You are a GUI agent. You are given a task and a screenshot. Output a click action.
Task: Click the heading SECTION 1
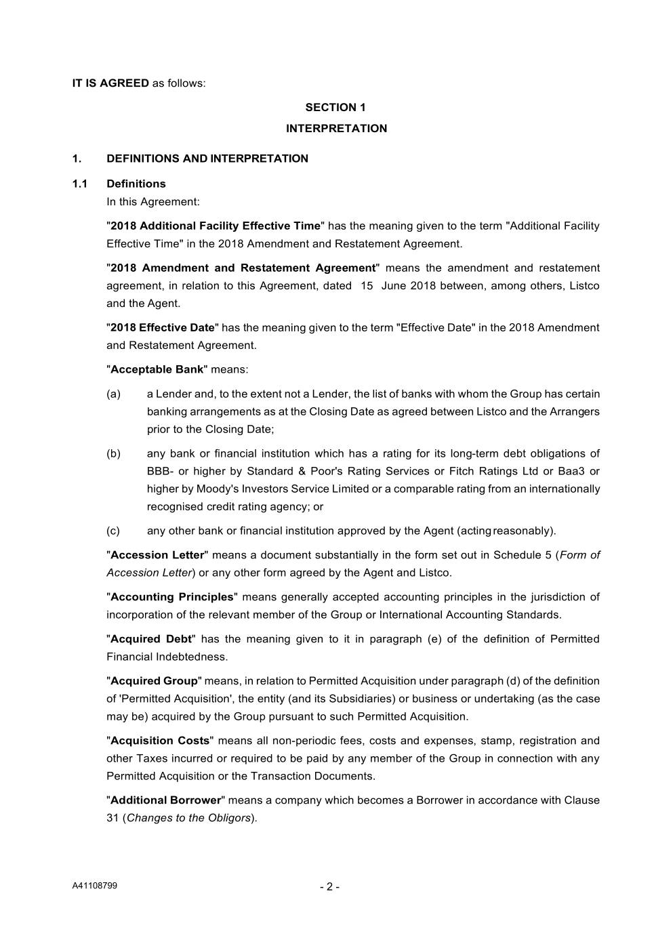pyautogui.click(x=335, y=107)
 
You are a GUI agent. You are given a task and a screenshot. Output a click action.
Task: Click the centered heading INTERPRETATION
pyautogui.click(x=336, y=128)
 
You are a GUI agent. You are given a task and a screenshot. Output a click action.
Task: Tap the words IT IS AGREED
pyautogui.click(x=110, y=83)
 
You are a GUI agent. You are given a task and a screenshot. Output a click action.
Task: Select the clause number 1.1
pyautogui.click(x=80, y=184)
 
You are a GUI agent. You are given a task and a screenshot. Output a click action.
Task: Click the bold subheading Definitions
pyautogui.click(x=136, y=184)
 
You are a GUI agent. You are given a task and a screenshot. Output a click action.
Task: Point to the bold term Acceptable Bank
pyautogui.click(x=157, y=369)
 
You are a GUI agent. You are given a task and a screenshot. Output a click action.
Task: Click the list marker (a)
pyautogui.click(x=113, y=394)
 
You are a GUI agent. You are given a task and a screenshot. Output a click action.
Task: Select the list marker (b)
pyautogui.click(x=113, y=453)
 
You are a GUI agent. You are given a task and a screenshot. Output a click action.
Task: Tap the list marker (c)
pyautogui.click(x=113, y=531)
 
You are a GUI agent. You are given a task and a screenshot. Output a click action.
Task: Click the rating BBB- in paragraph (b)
pyautogui.click(x=160, y=471)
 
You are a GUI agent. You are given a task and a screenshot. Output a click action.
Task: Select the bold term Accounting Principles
pyautogui.click(x=171, y=597)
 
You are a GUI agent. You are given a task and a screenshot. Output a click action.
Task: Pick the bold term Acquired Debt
pyautogui.click(x=151, y=639)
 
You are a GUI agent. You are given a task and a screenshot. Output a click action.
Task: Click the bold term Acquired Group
pyautogui.click(x=154, y=681)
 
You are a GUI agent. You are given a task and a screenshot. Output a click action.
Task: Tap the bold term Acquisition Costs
pyautogui.click(x=160, y=741)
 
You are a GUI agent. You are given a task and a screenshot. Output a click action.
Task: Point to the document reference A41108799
pyautogui.click(x=95, y=886)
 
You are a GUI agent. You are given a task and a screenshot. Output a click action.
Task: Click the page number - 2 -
pyautogui.click(x=329, y=887)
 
